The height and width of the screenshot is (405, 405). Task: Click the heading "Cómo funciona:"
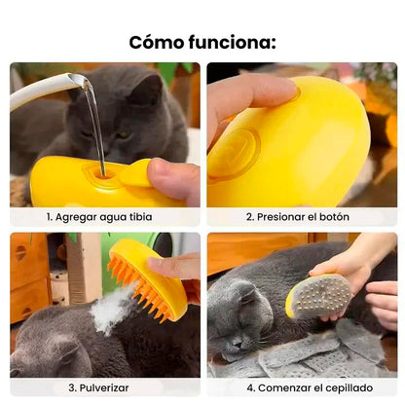(x=202, y=41)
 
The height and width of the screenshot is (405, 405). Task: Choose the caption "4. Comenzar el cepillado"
(x=301, y=387)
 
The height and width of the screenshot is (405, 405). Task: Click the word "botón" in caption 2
(x=332, y=216)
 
